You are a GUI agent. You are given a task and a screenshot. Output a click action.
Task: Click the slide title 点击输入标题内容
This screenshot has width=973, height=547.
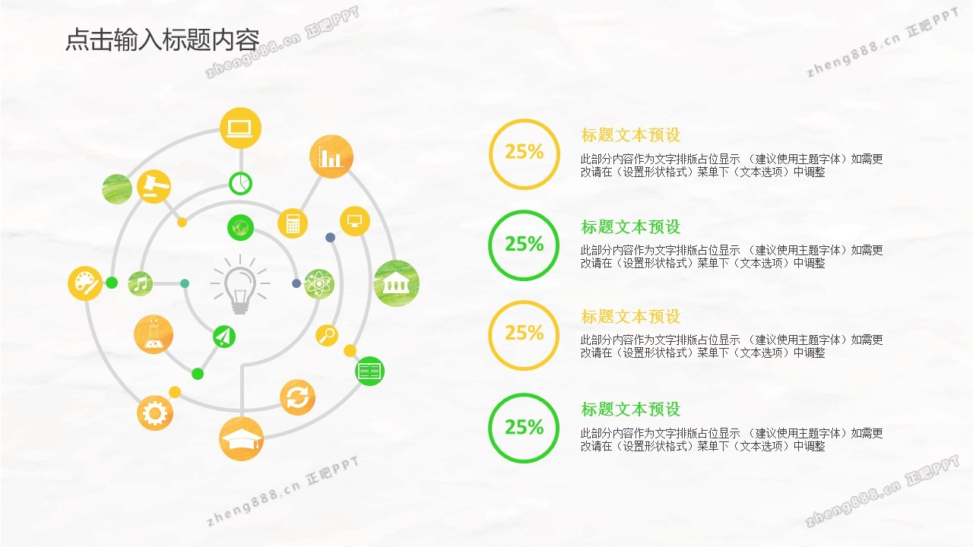click(163, 40)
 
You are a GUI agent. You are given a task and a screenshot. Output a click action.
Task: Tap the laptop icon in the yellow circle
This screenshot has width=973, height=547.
click(240, 128)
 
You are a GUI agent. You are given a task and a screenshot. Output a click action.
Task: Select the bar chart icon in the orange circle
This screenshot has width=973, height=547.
click(331, 157)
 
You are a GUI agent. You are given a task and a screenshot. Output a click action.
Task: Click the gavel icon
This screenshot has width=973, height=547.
click(154, 187)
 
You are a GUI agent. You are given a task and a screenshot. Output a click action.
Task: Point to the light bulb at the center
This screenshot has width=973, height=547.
click(239, 284)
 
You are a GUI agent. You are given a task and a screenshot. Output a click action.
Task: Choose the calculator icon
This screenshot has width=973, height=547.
click(293, 223)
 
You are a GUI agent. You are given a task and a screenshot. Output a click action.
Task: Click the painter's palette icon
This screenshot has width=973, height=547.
click(85, 283)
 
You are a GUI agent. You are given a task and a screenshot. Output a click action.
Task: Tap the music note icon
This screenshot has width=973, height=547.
click(141, 284)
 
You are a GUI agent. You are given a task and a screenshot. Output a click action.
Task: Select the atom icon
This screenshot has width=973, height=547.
click(319, 284)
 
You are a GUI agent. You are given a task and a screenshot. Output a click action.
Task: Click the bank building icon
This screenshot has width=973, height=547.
click(396, 283)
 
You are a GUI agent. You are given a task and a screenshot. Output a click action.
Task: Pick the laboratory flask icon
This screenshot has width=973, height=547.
click(154, 334)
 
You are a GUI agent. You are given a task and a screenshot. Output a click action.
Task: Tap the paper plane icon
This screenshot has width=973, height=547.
click(224, 337)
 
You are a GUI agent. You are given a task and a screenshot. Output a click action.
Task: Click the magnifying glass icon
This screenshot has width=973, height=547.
click(327, 335)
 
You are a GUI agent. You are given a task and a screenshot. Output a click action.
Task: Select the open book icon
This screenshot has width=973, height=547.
click(369, 372)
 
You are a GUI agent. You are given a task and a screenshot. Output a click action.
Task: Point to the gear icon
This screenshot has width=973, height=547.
click(154, 413)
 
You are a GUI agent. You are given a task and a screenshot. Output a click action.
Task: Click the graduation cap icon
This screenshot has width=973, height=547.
click(241, 439)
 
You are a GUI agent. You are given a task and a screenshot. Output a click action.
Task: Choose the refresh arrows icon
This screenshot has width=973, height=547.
click(297, 397)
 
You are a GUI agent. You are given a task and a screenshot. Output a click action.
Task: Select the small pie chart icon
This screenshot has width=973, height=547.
click(240, 184)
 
